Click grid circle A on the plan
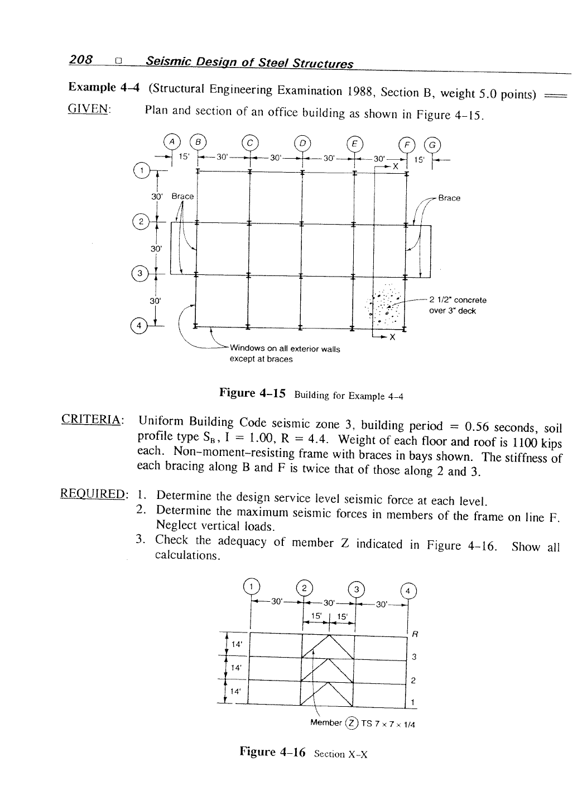[171, 141]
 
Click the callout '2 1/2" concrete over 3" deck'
[458, 305]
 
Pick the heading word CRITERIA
[93, 419]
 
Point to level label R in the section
[414, 634]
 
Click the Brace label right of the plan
[449, 198]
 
